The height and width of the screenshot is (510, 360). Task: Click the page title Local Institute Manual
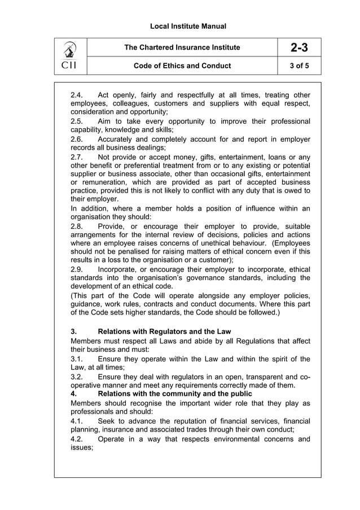[x=181, y=26]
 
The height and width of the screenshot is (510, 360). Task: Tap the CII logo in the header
[x=70, y=56]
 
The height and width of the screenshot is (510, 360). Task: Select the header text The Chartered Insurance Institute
[x=182, y=47]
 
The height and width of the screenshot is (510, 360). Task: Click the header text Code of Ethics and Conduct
[x=182, y=66]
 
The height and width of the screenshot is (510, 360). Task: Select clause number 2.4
[x=77, y=95]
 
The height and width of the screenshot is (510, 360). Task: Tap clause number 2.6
[x=77, y=139]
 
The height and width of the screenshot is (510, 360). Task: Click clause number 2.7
[x=77, y=156]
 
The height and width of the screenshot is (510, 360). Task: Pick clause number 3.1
[x=77, y=359]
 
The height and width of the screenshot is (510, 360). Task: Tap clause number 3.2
[x=77, y=376]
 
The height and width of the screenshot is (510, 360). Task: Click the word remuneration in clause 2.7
[x=109, y=183]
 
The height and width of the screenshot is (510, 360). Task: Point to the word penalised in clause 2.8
[x=133, y=251]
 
